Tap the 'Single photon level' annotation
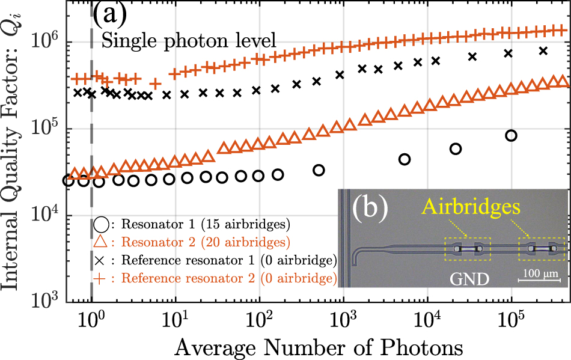pyautogui.click(x=189, y=41)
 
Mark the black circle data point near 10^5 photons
pyautogui.click(x=511, y=136)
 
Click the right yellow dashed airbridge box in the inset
pyautogui.click(x=542, y=249)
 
